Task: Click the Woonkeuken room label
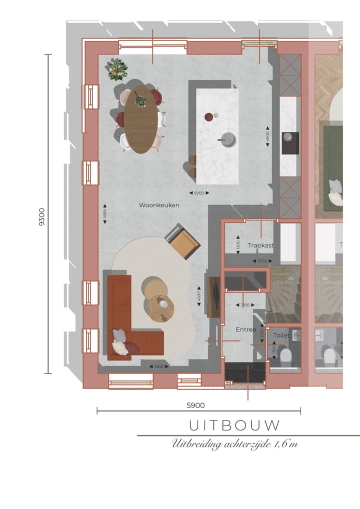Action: point(159,205)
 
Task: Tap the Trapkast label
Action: point(260,245)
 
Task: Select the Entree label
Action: point(245,329)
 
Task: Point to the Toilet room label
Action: point(281,335)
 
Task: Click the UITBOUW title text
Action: point(234,425)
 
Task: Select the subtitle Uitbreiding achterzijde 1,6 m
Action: point(234,443)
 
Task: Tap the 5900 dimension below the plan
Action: point(195,405)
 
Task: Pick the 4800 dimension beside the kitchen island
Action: point(267,136)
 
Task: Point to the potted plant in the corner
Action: point(117,68)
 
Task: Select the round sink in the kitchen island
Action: point(229,140)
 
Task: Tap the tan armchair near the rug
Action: point(183,241)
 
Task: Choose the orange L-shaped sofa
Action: point(125,325)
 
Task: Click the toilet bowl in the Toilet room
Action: point(286,356)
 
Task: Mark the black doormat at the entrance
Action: point(245,372)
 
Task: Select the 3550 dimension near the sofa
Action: point(158,366)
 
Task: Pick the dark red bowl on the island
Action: point(208,117)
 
